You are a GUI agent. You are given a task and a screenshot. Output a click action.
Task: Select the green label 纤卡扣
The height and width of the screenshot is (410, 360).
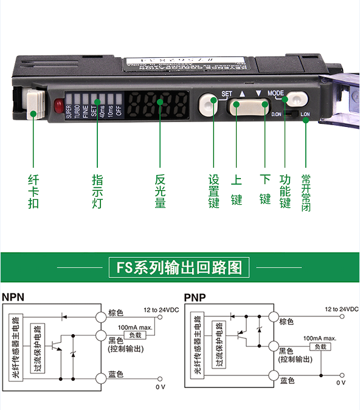click(x=33, y=191)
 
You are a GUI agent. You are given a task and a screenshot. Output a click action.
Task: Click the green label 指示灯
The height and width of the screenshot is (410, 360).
click(x=97, y=191)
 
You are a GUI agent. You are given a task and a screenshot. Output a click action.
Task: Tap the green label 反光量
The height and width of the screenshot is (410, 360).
click(x=160, y=191)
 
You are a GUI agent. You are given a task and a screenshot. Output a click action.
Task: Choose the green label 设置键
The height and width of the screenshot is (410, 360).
click(x=213, y=191)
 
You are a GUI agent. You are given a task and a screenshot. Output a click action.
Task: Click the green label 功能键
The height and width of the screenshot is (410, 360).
click(x=285, y=191)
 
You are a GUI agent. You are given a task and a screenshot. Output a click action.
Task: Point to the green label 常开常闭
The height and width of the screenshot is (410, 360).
click(x=306, y=191)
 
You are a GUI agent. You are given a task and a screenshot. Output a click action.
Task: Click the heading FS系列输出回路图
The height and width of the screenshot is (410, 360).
click(x=179, y=268)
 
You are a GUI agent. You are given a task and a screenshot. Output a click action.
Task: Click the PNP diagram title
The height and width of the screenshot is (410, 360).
click(x=195, y=298)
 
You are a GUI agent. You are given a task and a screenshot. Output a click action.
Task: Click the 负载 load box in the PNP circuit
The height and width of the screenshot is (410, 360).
click(x=317, y=346)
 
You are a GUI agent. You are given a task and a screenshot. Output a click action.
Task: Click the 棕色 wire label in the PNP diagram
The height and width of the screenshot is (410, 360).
click(x=286, y=321)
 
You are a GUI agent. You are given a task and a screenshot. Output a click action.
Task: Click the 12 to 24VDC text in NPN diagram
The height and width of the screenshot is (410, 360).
click(x=160, y=309)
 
